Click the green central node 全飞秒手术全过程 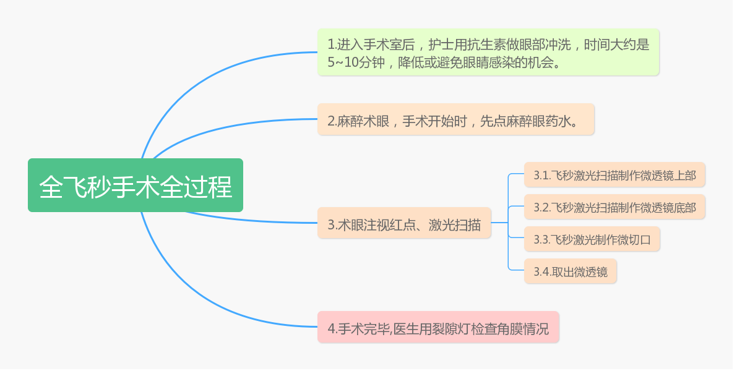[x=136, y=185]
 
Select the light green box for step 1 [x=488, y=52]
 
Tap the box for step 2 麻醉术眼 [x=456, y=119]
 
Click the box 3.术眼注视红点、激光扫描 [x=404, y=223]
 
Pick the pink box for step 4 [x=438, y=327]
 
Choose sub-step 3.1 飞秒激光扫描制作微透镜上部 [x=615, y=175]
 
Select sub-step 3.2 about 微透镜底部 [x=615, y=207]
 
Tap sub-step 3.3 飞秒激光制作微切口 [x=592, y=239]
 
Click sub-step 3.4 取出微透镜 [x=570, y=271]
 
